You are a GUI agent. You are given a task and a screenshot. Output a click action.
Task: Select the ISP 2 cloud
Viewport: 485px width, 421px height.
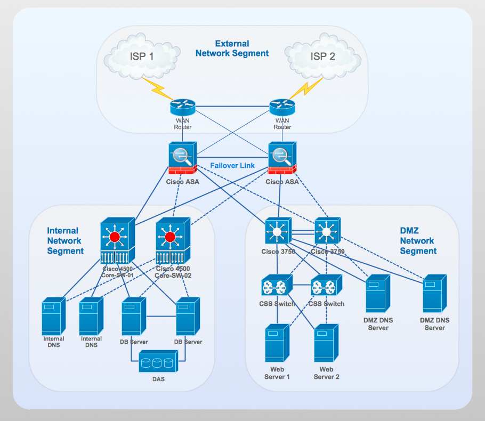click(x=322, y=56)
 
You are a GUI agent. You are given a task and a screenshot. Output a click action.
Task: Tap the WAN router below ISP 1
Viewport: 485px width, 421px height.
click(x=183, y=107)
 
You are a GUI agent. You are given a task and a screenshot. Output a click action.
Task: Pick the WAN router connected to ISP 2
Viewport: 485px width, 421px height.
click(x=282, y=107)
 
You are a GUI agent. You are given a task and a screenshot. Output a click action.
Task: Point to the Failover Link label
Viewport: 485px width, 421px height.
click(x=232, y=166)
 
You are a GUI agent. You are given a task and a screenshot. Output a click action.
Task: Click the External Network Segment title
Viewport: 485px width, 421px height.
click(x=232, y=48)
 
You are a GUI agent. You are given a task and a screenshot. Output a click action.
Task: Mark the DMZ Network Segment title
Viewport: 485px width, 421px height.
click(x=417, y=241)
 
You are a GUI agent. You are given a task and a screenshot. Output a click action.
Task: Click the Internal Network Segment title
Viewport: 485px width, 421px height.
click(x=65, y=241)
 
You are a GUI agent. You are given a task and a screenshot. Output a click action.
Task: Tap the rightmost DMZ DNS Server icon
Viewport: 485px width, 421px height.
click(x=434, y=294)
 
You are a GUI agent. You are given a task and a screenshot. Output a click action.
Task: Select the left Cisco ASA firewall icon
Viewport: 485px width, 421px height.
click(x=183, y=158)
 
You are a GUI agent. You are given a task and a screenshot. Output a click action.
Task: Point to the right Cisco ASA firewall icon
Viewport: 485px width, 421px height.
click(x=282, y=158)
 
